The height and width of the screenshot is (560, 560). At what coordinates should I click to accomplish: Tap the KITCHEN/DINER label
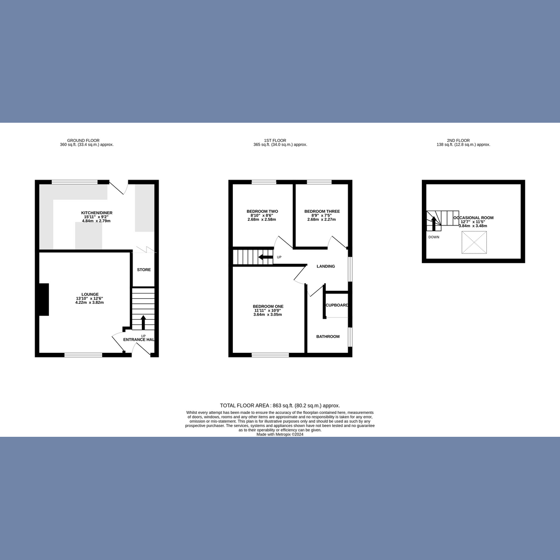coord(97,213)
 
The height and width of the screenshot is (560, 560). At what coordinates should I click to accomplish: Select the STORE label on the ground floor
coord(144,270)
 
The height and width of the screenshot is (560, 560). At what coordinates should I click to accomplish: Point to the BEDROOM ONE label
coord(268,307)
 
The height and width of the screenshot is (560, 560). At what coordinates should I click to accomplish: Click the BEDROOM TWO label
coord(262,211)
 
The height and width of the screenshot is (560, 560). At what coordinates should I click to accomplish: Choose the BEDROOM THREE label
coord(322,211)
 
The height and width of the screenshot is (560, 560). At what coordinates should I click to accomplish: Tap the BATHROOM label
coord(328,336)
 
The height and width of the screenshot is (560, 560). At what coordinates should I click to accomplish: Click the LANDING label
coord(326,266)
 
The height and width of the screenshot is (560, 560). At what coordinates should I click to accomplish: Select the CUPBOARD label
coord(337,305)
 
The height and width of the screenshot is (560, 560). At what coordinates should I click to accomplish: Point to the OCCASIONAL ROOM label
coord(473,218)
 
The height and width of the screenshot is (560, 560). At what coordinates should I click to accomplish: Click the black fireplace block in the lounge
coord(44,300)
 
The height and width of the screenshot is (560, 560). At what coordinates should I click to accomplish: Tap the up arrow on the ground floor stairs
coord(143,322)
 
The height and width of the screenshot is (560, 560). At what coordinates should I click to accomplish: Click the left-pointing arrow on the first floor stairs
coord(266,257)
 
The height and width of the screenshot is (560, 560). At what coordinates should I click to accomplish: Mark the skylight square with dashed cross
coord(475,243)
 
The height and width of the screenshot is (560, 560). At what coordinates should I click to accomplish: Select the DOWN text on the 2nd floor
coord(434,237)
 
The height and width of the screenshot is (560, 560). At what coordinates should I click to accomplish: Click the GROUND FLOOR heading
coord(84,140)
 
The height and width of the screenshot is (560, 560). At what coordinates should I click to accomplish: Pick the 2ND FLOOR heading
coord(458,140)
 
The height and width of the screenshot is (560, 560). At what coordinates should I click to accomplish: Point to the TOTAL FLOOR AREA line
coord(280,406)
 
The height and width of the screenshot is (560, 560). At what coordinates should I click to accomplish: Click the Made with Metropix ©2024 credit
coord(280,434)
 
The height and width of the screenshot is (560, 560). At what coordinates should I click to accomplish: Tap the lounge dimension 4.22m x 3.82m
coord(89,302)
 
